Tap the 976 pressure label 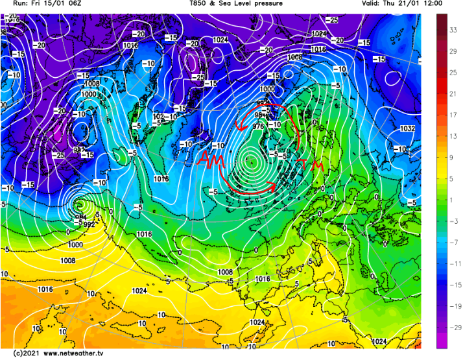258,126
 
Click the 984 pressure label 261,115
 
